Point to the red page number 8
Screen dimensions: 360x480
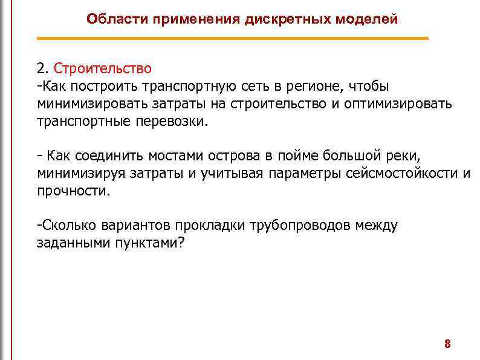click(x=447, y=344)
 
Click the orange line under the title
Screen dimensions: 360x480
click(x=232, y=38)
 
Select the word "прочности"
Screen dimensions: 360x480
click(x=73, y=191)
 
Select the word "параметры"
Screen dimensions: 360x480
click(x=309, y=174)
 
